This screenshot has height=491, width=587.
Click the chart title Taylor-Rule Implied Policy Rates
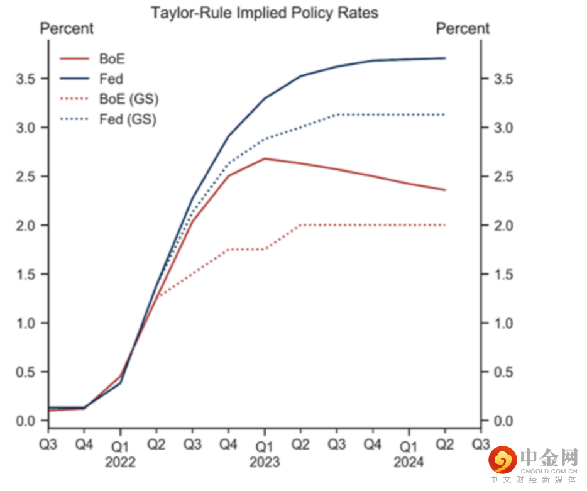(x=264, y=13)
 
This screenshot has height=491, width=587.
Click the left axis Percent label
(x=67, y=28)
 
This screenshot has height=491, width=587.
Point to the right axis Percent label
(x=463, y=28)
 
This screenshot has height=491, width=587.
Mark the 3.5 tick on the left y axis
(x=27, y=79)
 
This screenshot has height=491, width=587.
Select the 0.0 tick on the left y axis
(x=27, y=421)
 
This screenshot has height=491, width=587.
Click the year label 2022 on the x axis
(x=120, y=462)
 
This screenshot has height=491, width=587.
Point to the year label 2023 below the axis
(x=265, y=462)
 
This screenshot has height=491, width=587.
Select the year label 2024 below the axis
(x=409, y=462)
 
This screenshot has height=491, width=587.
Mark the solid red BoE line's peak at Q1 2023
(x=265, y=158)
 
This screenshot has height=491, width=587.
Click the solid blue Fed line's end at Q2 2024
(x=445, y=58)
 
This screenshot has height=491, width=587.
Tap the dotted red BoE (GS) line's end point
(x=445, y=225)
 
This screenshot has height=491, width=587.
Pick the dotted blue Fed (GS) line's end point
(x=445, y=114)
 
